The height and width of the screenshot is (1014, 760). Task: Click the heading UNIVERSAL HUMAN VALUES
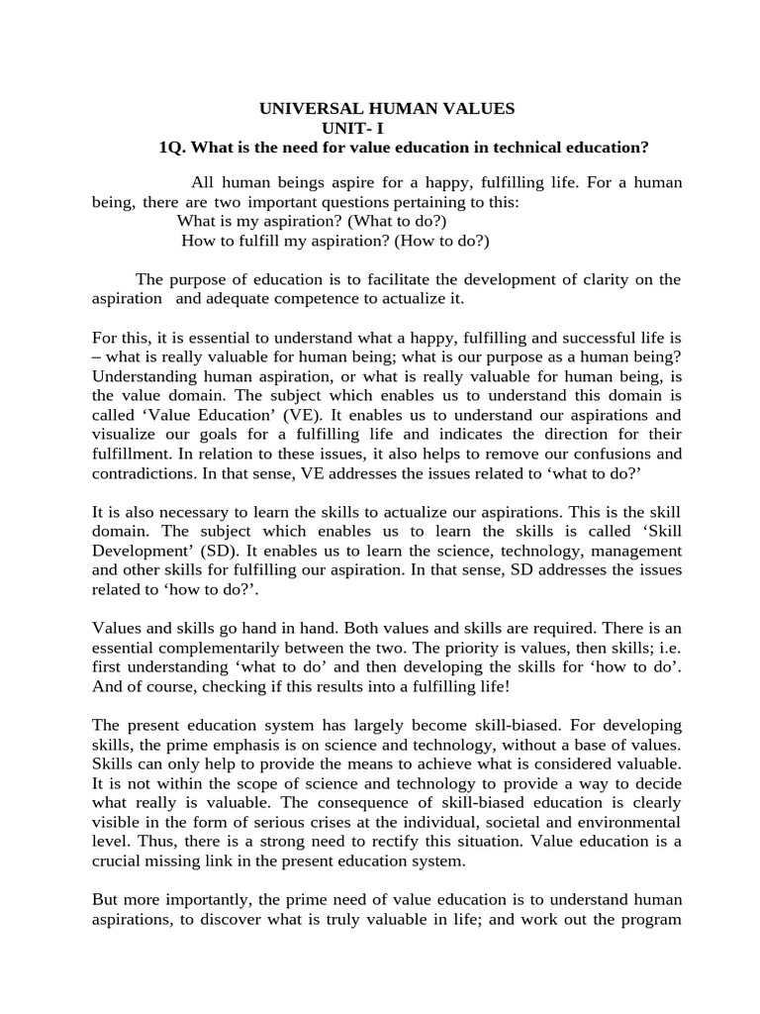(386, 108)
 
